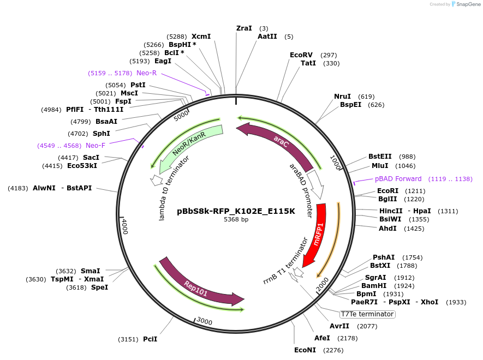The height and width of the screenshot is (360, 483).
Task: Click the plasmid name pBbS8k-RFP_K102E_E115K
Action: pos(236,211)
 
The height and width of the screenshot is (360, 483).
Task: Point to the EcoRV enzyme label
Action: pos(301,55)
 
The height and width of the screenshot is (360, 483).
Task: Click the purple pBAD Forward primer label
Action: pos(398,179)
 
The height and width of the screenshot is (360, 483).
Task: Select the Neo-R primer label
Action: pos(146,73)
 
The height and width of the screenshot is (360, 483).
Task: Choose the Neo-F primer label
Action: pos(96,146)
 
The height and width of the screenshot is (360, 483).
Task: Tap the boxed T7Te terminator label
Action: pos(367,314)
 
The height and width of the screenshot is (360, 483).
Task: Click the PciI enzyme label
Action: pos(150,339)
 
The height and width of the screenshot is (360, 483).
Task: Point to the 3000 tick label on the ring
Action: pos(204,321)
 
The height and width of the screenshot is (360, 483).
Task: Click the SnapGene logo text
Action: pos(467,4)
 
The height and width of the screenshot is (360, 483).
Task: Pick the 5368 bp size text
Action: pos(236,220)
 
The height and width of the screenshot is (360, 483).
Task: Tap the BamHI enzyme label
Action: pos(374,285)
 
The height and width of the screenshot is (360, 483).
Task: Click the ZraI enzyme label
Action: pos(244,28)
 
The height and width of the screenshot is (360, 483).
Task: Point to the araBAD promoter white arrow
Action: pos(315,184)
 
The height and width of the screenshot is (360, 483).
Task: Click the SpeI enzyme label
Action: pos(99,287)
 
